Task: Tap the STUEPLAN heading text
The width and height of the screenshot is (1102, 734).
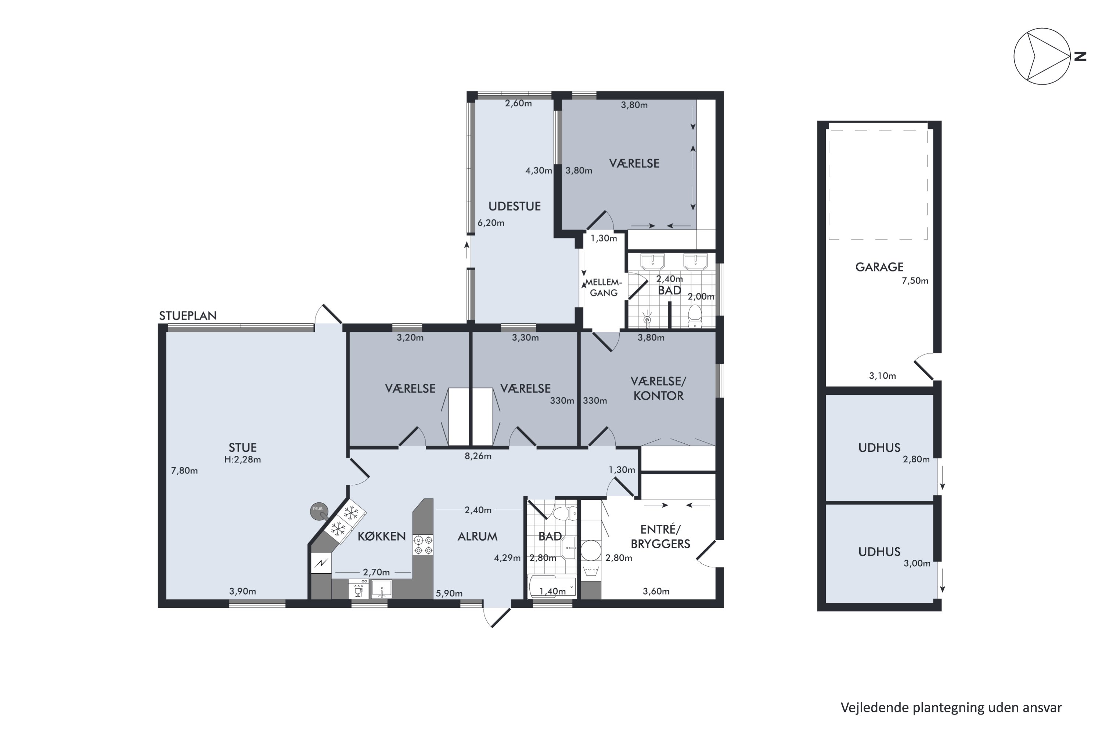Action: (188, 316)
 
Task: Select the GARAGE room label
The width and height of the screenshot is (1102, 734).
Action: (879, 267)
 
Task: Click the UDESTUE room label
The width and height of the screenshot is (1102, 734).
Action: (515, 206)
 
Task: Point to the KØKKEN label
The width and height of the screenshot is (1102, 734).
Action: (381, 536)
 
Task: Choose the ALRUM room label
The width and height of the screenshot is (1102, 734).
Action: (478, 536)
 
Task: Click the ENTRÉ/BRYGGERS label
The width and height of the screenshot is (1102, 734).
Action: (660, 537)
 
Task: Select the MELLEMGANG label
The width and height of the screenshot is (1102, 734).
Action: (604, 287)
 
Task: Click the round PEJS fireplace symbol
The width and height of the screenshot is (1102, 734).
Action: (318, 511)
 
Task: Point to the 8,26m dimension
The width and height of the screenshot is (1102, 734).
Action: (478, 456)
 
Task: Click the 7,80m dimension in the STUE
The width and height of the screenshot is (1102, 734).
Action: (184, 470)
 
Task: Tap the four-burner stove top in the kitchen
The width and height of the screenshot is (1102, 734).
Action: (423, 545)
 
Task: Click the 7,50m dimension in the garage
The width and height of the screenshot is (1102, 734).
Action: (915, 281)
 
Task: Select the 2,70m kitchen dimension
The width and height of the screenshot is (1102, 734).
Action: (376, 572)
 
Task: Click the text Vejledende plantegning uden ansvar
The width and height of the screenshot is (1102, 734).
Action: (951, 707)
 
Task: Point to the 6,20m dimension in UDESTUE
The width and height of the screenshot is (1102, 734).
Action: (490, 223)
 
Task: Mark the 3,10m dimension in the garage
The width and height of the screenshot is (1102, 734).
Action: (882, 375)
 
